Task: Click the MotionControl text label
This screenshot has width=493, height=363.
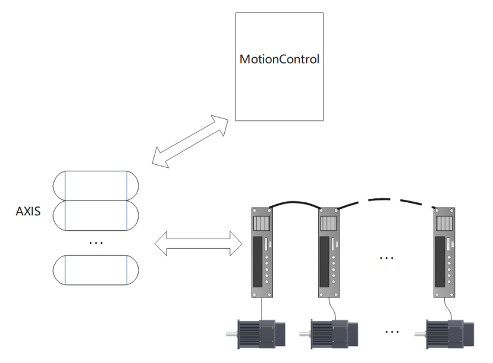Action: click(x=279, y=60)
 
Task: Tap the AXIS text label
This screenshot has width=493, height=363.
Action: click(x=28, y=211)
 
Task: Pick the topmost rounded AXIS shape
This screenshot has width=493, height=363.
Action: click(x=96, y=186)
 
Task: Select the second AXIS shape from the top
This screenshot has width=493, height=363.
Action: click(x=96, y=215)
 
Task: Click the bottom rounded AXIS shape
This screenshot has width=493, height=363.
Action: click(x=96, y=270)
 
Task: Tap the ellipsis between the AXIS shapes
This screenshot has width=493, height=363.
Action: click(x=95, y=243)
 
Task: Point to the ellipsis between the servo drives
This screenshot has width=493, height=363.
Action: click(x=387, y=258)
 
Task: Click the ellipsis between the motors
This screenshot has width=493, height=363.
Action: click(x=392, y=331)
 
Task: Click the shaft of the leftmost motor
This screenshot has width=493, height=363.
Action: click(x=231, y=335)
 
